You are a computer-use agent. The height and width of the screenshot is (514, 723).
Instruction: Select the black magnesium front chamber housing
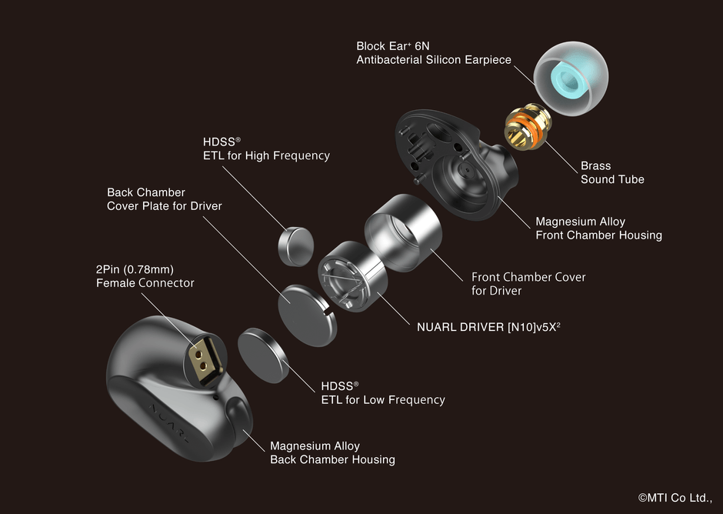(x=454, y=166)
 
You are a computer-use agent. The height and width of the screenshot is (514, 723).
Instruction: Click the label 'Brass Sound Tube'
(x=612, y=172)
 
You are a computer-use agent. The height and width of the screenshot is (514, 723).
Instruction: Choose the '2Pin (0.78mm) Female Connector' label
(x=145, y=276)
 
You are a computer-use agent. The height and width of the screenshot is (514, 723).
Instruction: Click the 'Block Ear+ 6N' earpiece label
(x=433, y=53)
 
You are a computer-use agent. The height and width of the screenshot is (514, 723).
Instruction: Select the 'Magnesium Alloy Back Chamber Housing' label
(x=332, y=452)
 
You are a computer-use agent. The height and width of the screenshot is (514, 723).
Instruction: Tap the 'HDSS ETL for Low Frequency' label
(x=382, y=392)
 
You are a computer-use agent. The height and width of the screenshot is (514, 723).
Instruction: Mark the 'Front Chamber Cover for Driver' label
(x=528, y=284)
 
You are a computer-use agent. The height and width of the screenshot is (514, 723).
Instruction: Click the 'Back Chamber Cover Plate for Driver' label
(x=164, y=199)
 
